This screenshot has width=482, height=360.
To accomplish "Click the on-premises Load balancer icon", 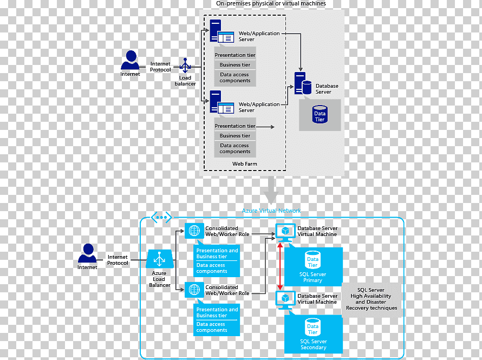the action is (x=185, y=66).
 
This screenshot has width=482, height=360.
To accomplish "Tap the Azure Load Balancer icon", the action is (x=160, y=259).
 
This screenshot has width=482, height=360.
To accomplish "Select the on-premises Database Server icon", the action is (x=303, y=83).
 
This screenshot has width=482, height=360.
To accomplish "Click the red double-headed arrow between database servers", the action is (x=280, y=266).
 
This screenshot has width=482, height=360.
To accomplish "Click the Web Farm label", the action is (x=245, y=163).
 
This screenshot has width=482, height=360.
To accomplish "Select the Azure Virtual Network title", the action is (x=271, y=211).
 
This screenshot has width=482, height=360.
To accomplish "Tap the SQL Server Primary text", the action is (x=312, y=277).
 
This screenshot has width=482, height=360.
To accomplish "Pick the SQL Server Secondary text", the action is (x=313, y=344).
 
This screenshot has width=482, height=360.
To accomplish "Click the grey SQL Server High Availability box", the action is (x=372, y=299).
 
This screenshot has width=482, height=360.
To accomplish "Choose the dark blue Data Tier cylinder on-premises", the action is (x=320, y=114).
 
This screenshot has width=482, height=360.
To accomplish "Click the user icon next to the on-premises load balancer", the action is (x=131, y=60).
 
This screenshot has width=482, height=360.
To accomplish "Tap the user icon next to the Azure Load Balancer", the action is (x=88, y=253).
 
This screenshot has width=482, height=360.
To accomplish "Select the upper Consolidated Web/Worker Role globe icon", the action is (x=194, y=231).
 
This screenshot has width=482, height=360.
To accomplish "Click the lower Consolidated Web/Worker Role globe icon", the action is (x=194, y=290).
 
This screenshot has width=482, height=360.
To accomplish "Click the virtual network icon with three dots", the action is (x=161, y=218).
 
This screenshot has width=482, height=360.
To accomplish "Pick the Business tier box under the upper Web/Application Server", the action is (x=235, y=65).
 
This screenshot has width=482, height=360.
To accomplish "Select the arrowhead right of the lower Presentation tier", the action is (x=272, y=127).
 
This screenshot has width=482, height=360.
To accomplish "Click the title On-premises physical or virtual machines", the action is (x=271, y=3).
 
